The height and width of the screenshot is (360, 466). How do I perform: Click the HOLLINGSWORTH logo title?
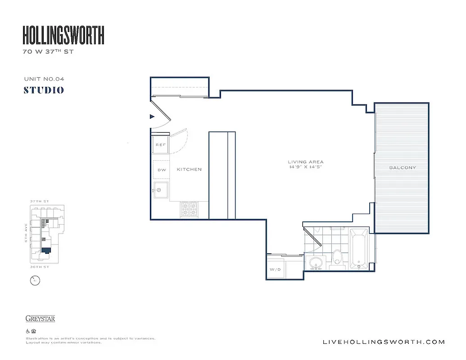63,35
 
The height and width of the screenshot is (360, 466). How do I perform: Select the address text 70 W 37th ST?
48,52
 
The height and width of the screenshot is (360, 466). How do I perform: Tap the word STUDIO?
44,90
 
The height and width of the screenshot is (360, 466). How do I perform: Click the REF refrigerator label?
160,145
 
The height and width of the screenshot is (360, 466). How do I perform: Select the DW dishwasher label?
161,170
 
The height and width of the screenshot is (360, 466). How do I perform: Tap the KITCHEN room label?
189,170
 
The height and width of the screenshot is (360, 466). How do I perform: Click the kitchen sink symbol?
160,190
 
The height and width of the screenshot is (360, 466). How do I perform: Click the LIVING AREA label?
306,162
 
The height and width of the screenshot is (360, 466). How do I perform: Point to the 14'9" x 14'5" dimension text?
306,167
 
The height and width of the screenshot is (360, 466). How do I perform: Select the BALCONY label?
403,168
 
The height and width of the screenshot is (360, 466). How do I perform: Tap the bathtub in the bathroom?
359,249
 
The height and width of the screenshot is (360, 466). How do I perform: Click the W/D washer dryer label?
275,270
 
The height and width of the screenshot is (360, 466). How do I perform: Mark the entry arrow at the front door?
152,117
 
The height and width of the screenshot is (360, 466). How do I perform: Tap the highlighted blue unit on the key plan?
46,251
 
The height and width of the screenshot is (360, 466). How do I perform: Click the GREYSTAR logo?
40,319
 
